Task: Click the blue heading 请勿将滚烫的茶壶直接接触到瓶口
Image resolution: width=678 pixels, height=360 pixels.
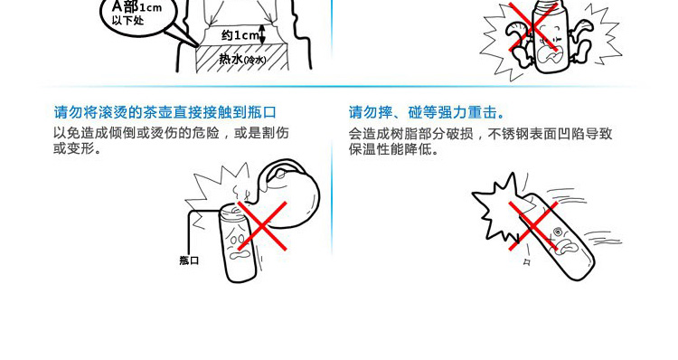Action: point(165,112)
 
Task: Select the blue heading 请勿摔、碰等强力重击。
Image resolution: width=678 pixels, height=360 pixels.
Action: point(427,112)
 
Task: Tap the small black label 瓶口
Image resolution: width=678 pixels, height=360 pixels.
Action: point(189,261)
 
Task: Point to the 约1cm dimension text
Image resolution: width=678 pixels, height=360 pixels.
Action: point(240,35)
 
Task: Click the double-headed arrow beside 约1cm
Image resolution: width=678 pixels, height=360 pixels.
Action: point(262,34)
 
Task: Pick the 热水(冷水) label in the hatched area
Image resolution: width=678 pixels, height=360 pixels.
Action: point(242,59)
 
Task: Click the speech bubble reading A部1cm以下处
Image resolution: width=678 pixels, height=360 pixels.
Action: point(139,15)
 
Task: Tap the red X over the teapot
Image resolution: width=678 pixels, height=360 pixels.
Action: point(261,226)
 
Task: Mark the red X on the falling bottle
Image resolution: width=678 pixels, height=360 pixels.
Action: point(533,226)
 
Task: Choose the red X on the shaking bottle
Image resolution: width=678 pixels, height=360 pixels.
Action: point(532,27)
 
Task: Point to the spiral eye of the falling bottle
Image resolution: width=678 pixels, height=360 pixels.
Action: point(558,231)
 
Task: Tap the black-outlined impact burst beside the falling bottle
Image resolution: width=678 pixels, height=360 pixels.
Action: point(497,205)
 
